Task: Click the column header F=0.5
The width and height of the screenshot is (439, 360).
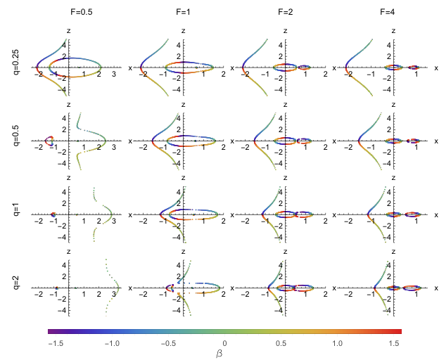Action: point(81,12)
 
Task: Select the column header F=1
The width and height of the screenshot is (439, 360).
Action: point(183,12)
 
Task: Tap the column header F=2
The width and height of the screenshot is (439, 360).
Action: point(286,12)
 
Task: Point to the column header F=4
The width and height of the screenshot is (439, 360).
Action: point(388,12)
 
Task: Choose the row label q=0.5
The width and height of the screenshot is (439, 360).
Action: point(16,135)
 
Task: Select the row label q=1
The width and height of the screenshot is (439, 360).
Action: point(16,209)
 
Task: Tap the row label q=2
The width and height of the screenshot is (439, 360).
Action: point(16,282)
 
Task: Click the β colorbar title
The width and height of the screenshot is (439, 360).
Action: point(220,354)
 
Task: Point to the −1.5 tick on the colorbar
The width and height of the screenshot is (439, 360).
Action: point(56,343)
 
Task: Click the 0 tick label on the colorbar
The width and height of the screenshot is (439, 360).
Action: point(224,343)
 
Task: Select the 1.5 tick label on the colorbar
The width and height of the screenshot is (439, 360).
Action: point(394,343)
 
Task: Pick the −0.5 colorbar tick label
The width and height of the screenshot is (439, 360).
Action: point(168,343)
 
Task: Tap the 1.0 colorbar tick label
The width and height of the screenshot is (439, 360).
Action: point(338,343)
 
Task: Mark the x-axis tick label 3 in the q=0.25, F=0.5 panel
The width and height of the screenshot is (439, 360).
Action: point(114,74)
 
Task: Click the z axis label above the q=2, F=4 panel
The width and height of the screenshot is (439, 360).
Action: point(393,252)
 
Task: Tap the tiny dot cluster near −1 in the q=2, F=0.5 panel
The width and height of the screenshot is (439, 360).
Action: point(56,288)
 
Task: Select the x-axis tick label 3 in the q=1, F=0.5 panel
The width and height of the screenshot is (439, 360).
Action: point(114,221)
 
